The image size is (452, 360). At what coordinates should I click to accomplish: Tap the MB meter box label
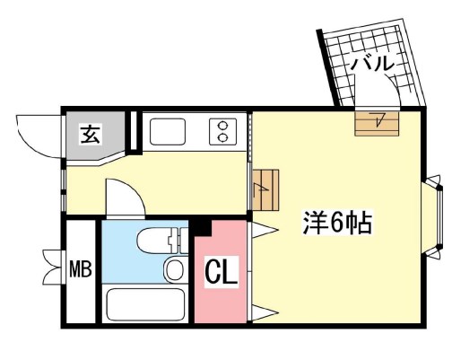pos(82,269)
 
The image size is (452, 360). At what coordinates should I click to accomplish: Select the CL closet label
pos(222,272)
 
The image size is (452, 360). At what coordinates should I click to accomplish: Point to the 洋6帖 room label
pos(338,223)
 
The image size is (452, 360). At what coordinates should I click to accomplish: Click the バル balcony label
pos(371,65)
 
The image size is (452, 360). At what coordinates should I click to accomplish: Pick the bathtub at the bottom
pos(144,304)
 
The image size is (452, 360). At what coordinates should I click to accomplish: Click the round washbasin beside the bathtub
pos(175,269)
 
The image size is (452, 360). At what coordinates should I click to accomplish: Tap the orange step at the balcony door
pos(376,121)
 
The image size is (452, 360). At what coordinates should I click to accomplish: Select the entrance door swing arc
pos(38,135)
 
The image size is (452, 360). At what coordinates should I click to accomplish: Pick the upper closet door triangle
pos(262,230)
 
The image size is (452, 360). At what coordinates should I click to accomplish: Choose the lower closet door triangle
pos(263,312)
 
